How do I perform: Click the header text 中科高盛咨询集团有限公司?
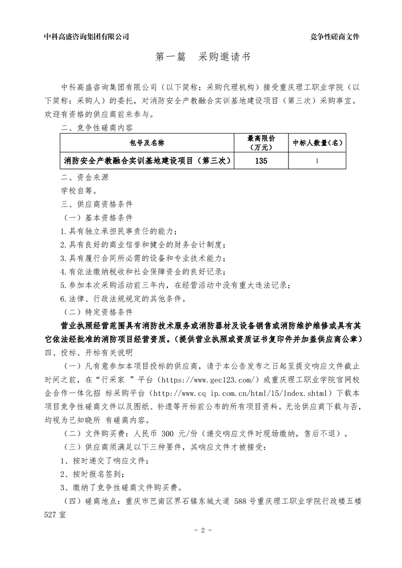coord(86,36)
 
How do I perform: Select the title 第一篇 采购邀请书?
coord(202,58)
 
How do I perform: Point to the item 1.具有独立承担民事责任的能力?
coord(119,231)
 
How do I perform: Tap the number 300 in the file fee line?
coord(168,433)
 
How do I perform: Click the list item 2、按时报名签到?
coord(92,474)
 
